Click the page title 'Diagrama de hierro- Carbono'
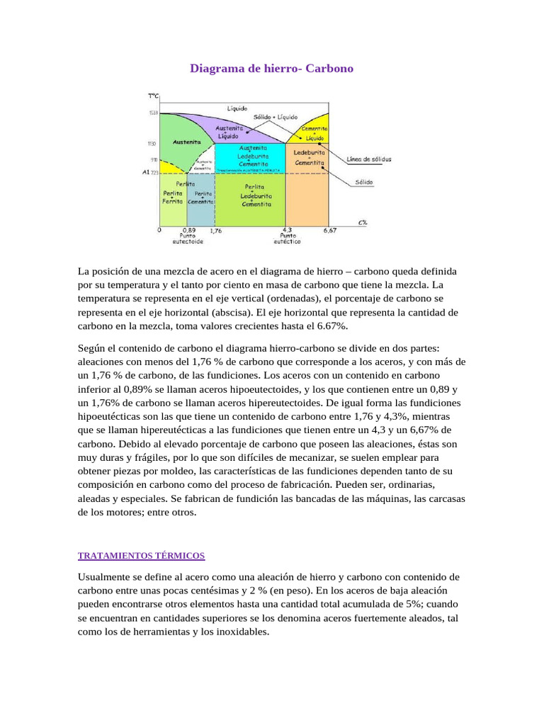(272, 69)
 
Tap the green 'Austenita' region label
(186, 142)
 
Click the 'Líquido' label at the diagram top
(237, 108)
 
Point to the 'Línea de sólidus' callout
(369, 160)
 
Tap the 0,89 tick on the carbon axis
(188, 230)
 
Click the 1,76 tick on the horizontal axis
(216, 230)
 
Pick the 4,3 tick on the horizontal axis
(287, 230)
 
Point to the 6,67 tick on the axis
(330, 230)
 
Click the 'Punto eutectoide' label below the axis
(188, 239)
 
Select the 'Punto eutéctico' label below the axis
(287, 239)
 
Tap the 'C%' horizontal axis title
(362, 222)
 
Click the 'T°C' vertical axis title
(153, 96)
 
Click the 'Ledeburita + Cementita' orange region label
(309, 157)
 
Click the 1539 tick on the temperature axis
(153, 113)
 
